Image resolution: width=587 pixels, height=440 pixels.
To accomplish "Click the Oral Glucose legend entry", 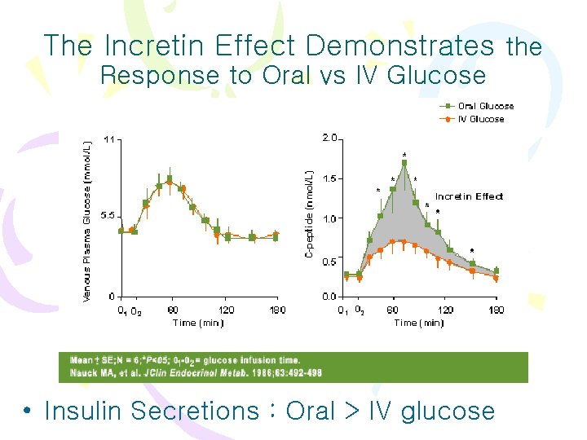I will click(485, 106).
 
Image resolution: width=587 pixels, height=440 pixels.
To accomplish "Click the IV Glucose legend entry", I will click(481, 119).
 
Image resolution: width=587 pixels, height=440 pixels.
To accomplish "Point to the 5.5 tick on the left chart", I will click(107, 217).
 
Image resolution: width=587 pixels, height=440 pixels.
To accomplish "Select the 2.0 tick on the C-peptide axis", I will click(329, 139).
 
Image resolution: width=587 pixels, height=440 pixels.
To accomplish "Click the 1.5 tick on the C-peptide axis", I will click(329, 178).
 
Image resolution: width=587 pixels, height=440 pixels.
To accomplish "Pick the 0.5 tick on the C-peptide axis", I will click(329, 262).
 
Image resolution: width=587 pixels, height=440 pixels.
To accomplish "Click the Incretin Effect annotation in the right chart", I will click(469, 196).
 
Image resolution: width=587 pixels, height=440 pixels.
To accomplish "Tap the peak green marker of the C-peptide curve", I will click(404, 163).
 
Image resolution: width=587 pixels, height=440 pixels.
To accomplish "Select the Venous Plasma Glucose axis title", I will click(88, 220).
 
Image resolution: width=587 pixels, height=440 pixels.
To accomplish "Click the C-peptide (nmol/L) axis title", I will click(310, 216).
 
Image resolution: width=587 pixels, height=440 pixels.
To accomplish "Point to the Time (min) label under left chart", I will click(198, 323).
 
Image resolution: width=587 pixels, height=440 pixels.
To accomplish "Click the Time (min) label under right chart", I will click(419, 323).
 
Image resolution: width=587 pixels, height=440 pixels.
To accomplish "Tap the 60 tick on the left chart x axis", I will click(172, 310).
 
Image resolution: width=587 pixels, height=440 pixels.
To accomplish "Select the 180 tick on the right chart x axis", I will click(496, 310).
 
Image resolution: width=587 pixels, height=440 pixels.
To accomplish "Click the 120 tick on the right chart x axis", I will click(446, 310).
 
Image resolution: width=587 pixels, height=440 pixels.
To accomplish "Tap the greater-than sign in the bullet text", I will click(353, 411).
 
